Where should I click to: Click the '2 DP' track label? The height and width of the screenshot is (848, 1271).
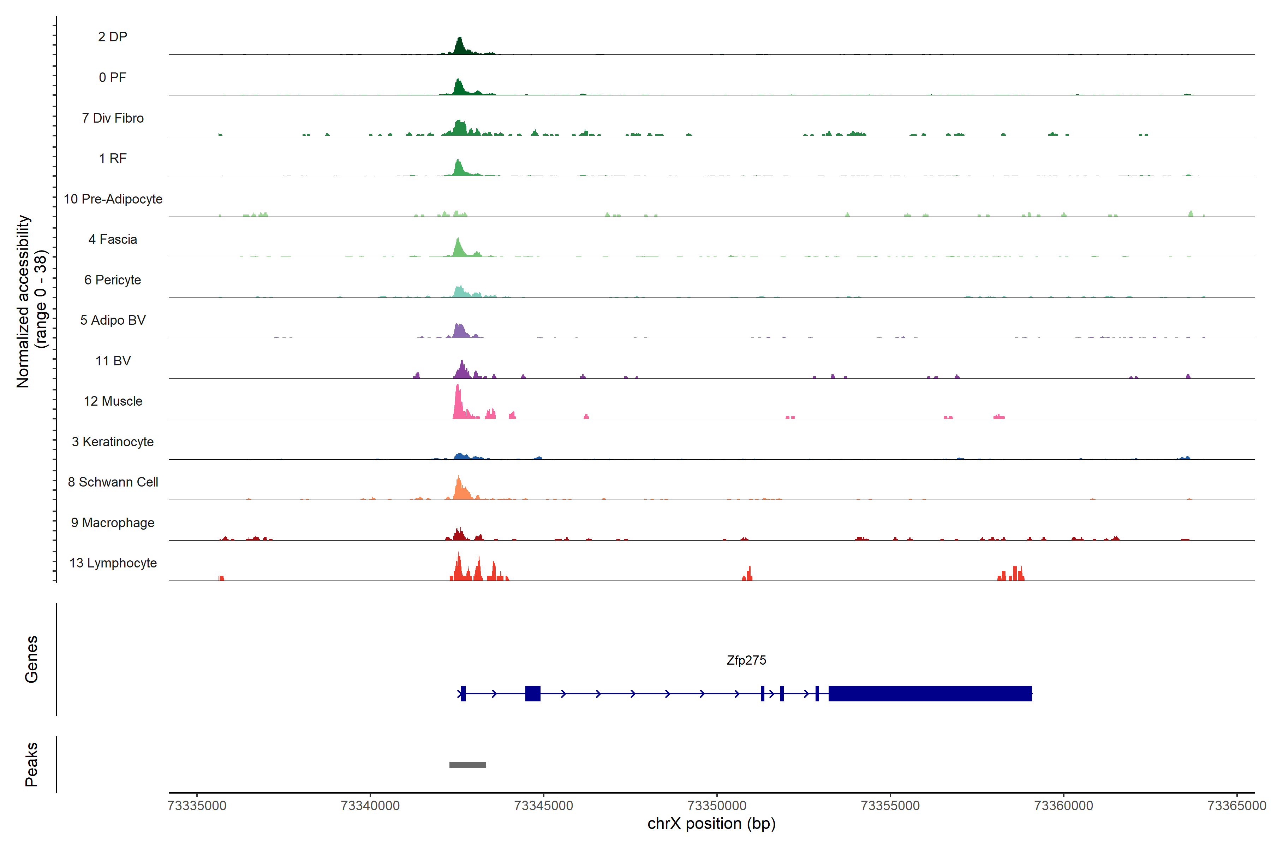(112, 37)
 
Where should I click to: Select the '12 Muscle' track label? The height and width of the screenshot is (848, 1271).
(113, 401)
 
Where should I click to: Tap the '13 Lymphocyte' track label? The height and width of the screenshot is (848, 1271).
(113, 563)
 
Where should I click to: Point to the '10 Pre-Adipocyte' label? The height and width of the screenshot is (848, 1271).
(113, 199)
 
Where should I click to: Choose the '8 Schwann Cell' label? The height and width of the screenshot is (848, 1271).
(113, 482)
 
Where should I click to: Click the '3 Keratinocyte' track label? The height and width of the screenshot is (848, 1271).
(113, 442)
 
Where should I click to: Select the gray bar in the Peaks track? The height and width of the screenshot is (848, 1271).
(467, 765)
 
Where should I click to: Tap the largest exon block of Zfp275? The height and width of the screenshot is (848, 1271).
(930, 693)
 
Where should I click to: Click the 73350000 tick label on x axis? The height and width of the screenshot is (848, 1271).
(717, 806)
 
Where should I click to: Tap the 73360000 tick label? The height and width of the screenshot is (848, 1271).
(1063, 806)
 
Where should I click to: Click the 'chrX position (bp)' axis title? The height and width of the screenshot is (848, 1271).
(711, 824)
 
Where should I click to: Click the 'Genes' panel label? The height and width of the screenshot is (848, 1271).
(31, 659)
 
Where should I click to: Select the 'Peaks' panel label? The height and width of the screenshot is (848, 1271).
(31, 764)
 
